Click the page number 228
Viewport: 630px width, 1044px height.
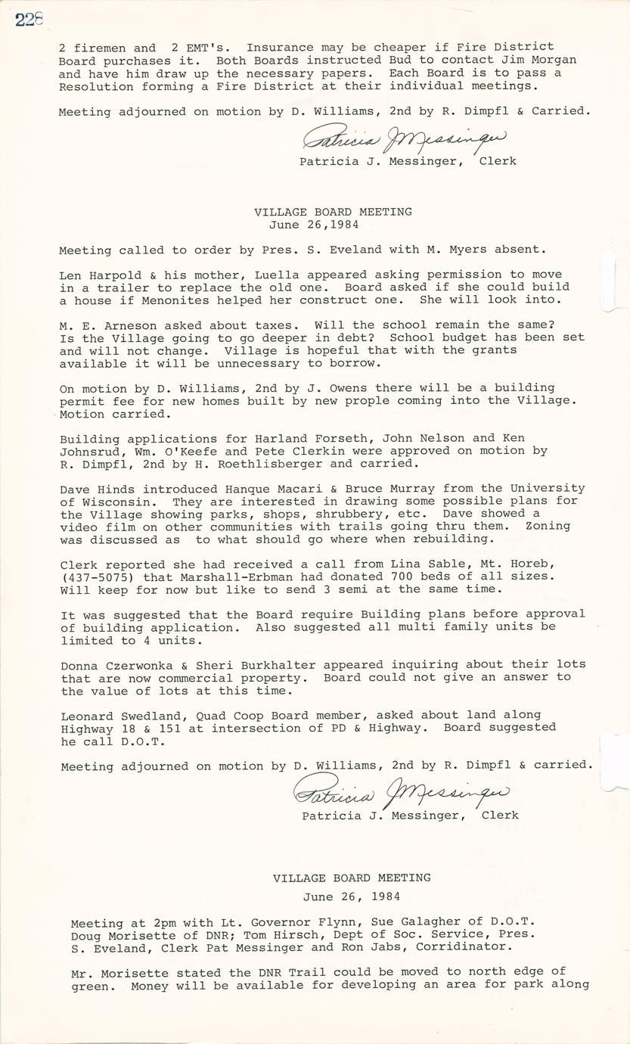[x=29, y=20]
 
